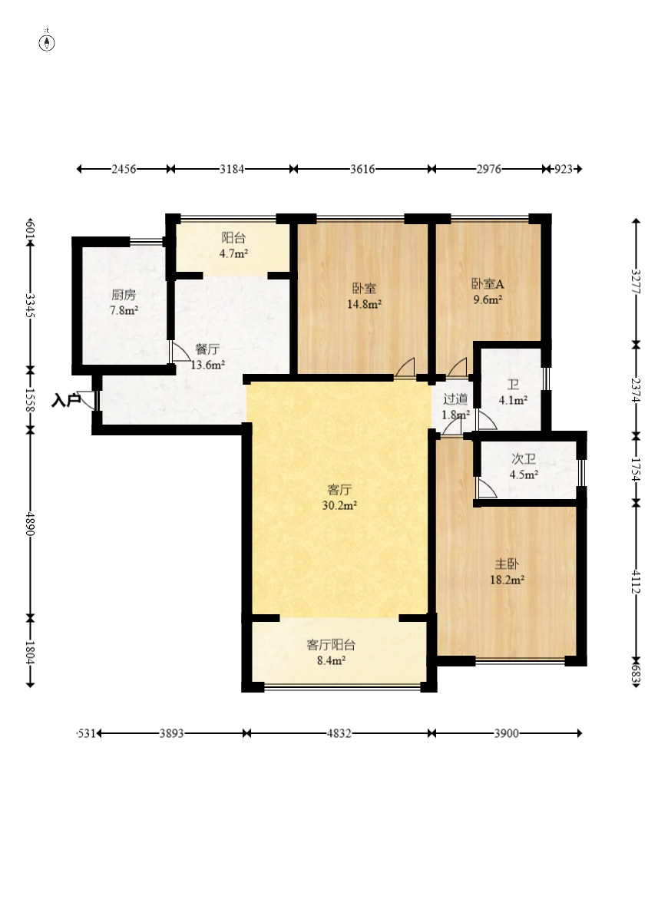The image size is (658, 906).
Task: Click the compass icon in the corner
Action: pyautogui.click(x=47, y=42)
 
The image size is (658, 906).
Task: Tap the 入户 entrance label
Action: pyautogui.click(x=66, y=400)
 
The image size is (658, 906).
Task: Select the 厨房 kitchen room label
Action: pyautogui.click(x=124, y=296)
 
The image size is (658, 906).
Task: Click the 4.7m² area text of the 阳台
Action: pyautogui.click(x=233, y=253)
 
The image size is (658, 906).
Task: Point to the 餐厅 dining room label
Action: pyautogui.click(x=207, y=349)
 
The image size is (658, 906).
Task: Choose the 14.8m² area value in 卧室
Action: pyautogui.click(x=364, y=304)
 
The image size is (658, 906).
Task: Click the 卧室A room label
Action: pyautogui.click(x=488, y=284)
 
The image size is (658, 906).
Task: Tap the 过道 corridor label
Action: pyautogui.click(x=455, y=398)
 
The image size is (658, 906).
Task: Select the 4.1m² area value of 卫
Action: pyautogui.click(x=513, y=400)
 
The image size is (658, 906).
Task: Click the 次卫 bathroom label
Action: pyautogui.click(x=524, y=459)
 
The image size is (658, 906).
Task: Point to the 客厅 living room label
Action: pyautogui.click(x=339, y=490)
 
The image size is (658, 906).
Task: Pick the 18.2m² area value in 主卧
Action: pyautogui.click(x=507, y=580)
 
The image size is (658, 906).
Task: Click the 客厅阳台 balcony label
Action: pyautogui.click(x=331, y=645)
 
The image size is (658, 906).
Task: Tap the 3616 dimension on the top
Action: pyautogui.click(x=362, y=169)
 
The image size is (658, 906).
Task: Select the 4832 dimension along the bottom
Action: pyautogui.click(x=339, y=733)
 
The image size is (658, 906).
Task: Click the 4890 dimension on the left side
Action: pyautogui.click(x=30, y=524)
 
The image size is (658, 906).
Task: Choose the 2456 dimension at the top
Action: pyautogui.click(x=124, y=169)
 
